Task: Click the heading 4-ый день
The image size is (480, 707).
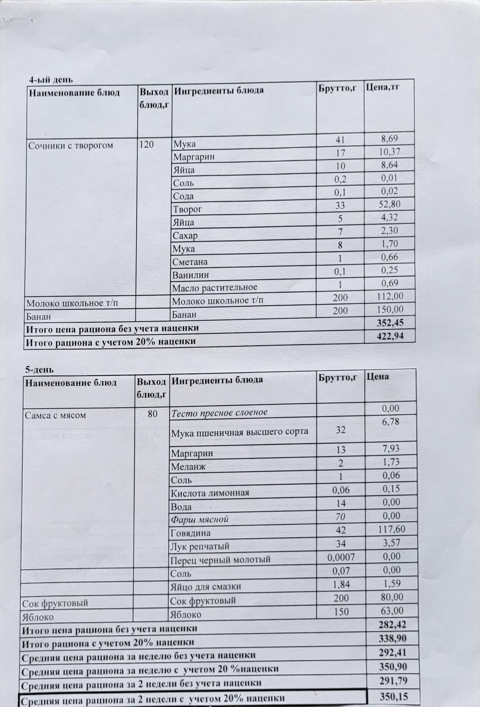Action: pos(51,80)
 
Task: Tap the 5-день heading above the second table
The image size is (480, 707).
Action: pos(39,370)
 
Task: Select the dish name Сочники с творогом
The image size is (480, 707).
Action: pos(71,146)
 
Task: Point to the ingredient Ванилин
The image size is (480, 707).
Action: pos(191,275)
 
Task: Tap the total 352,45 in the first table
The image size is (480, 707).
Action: pos(390,322)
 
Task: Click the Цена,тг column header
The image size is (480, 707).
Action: pos(383,88)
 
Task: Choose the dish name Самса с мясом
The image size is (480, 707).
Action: pos(55,415)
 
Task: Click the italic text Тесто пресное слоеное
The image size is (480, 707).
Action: pos(219,413)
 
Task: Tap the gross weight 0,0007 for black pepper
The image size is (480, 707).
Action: pos(341,557)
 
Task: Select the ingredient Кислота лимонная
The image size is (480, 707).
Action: pos(210,493)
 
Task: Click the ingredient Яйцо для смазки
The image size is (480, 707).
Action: pos(206,587)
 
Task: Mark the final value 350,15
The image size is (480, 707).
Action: pos(394,697)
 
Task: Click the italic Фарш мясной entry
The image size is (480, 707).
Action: pos(199,519)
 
